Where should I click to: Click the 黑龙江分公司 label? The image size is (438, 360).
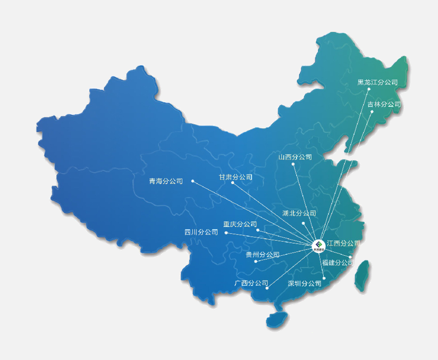click(x=377, y=82)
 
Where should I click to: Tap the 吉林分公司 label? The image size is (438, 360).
click(x=384, y=104)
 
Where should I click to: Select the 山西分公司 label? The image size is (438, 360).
click(x=295, y=157)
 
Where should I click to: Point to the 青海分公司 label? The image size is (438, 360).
click(x=166, y=181)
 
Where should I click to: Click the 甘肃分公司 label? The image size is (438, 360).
click(x=235, y=177)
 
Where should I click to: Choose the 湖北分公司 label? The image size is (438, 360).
click(x=299, y=213)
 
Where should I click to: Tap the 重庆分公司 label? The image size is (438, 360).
click(x=240, y=224)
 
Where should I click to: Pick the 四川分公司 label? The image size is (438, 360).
click(x=201, y=232)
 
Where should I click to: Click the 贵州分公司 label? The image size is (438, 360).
click(x=263, y=255)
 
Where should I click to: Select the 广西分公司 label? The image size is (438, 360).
click(x=251, y=283)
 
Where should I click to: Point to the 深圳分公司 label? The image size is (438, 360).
click(x=305, y=283)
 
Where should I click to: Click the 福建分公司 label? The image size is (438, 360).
click(x=338, y=262)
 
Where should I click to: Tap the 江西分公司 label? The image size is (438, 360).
click(x=343, y=243)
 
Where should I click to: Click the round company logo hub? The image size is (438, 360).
click(x=318, y=245)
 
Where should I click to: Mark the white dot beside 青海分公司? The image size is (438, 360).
click(x=192, y=181)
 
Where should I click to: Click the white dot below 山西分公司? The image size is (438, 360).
click(x=293, y=165)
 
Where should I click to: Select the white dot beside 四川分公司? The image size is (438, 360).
click(x=226, y=233)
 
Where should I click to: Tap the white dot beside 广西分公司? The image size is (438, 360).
click(x=267, y=288)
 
